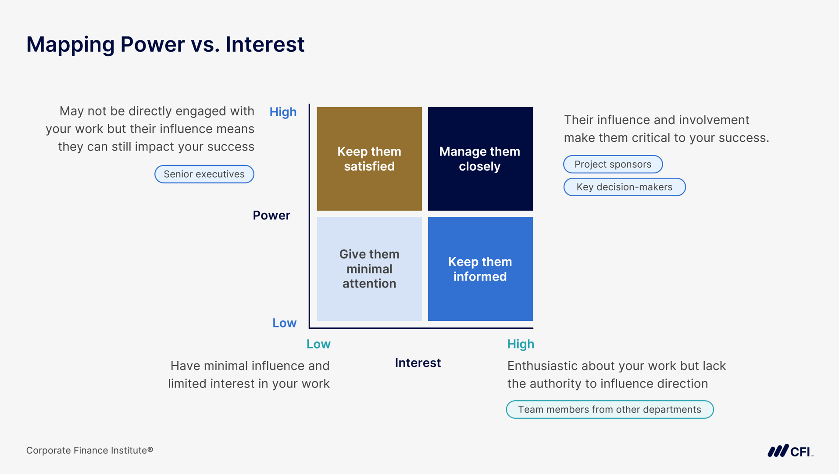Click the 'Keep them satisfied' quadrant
369,158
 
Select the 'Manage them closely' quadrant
480,158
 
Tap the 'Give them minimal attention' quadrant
369,269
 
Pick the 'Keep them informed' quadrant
480,269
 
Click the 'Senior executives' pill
204,174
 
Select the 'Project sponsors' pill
613,164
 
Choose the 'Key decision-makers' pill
625,187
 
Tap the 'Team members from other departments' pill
610,409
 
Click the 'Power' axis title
271,215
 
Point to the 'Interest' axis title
418,363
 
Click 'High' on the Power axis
283,112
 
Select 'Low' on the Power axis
284,323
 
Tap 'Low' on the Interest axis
318,344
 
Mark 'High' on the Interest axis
521,344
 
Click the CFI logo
790,451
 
